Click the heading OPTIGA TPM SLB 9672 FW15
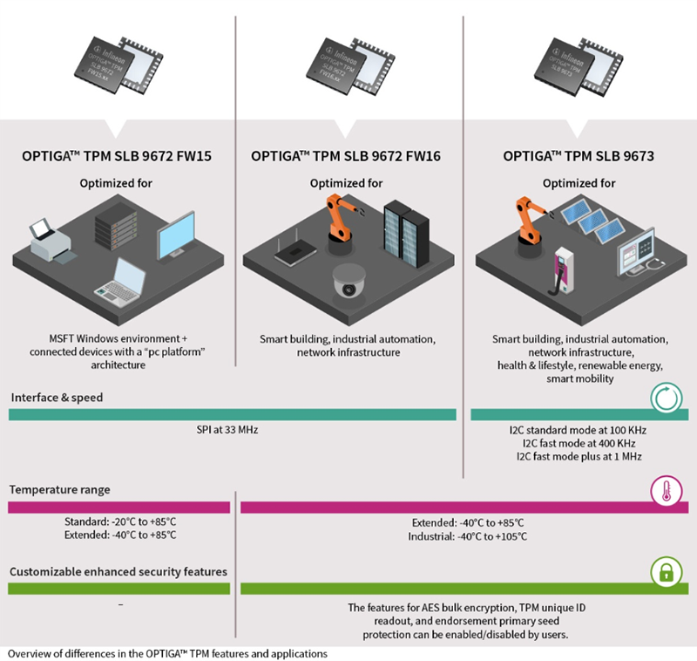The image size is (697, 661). coord(118,158)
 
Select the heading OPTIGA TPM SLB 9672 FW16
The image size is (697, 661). coord(346,158)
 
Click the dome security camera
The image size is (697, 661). coord(350,283)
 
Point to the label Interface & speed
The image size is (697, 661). coord(58,398)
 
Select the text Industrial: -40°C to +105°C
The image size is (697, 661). coord(468,536)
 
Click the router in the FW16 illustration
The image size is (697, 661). coord(290,253)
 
